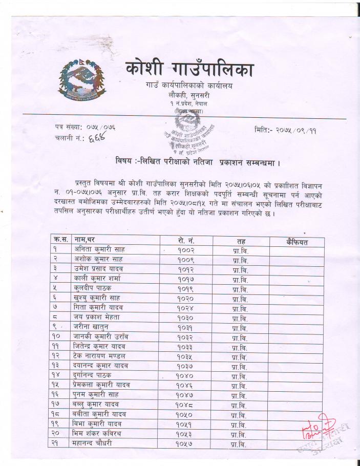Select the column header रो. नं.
click(185, 240)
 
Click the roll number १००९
click(186, 259)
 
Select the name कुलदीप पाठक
click(93, 288)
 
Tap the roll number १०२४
click(186, 308)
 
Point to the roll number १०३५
click(186, 356)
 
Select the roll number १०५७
click(186, 443)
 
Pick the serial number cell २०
click(56, 434)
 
